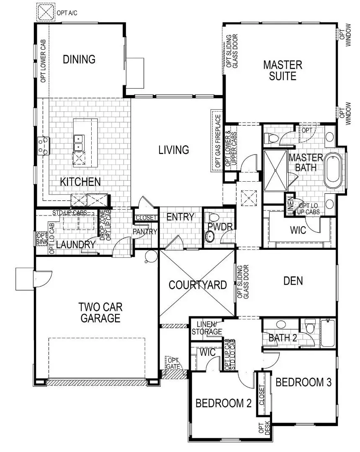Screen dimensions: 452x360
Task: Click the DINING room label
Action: coord(79,59)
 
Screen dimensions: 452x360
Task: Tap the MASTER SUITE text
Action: coord(283,70)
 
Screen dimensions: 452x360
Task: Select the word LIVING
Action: coord(174,150)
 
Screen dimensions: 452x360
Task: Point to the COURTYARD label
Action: coord(198,285)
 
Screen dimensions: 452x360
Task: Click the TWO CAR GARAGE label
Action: coord(100,313)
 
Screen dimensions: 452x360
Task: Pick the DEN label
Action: coord(293,281)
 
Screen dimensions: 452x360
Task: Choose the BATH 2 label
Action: coord(283,338)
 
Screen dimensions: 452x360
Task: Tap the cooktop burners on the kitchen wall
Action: coord(43,145)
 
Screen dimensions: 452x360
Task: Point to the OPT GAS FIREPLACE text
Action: coord(217,141)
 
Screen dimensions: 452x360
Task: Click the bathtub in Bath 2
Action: coord(328,333)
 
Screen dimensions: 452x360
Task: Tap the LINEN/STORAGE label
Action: coord(206,328)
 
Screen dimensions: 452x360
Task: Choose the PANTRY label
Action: coord(145,231)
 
